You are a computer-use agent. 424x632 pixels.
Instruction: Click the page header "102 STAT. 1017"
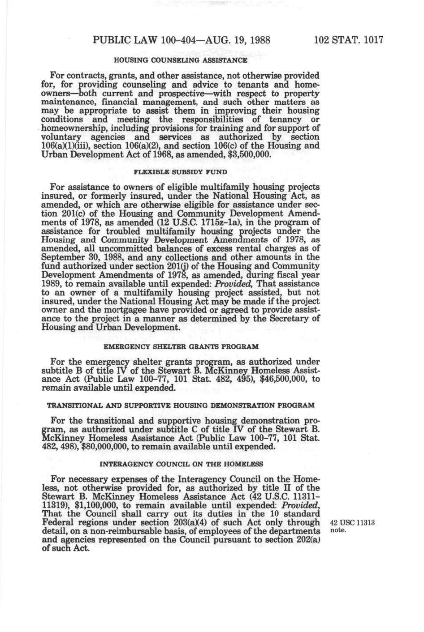pos(348,40)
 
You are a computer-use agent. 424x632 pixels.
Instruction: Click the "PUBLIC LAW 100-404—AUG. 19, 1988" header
pos(181,40)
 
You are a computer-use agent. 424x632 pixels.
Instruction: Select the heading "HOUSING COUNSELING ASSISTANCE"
pos(181,60)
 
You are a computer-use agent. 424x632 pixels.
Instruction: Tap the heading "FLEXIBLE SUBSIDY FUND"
pos(181,172)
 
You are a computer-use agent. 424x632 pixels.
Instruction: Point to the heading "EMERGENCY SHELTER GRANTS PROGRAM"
pos(181,347)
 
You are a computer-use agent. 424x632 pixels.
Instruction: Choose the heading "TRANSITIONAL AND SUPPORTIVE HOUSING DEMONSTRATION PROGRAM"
pos(181,406)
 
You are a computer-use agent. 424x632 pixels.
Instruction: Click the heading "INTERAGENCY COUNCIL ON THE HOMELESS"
pos(181,464)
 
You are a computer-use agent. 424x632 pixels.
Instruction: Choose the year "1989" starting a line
pos(50,284)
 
